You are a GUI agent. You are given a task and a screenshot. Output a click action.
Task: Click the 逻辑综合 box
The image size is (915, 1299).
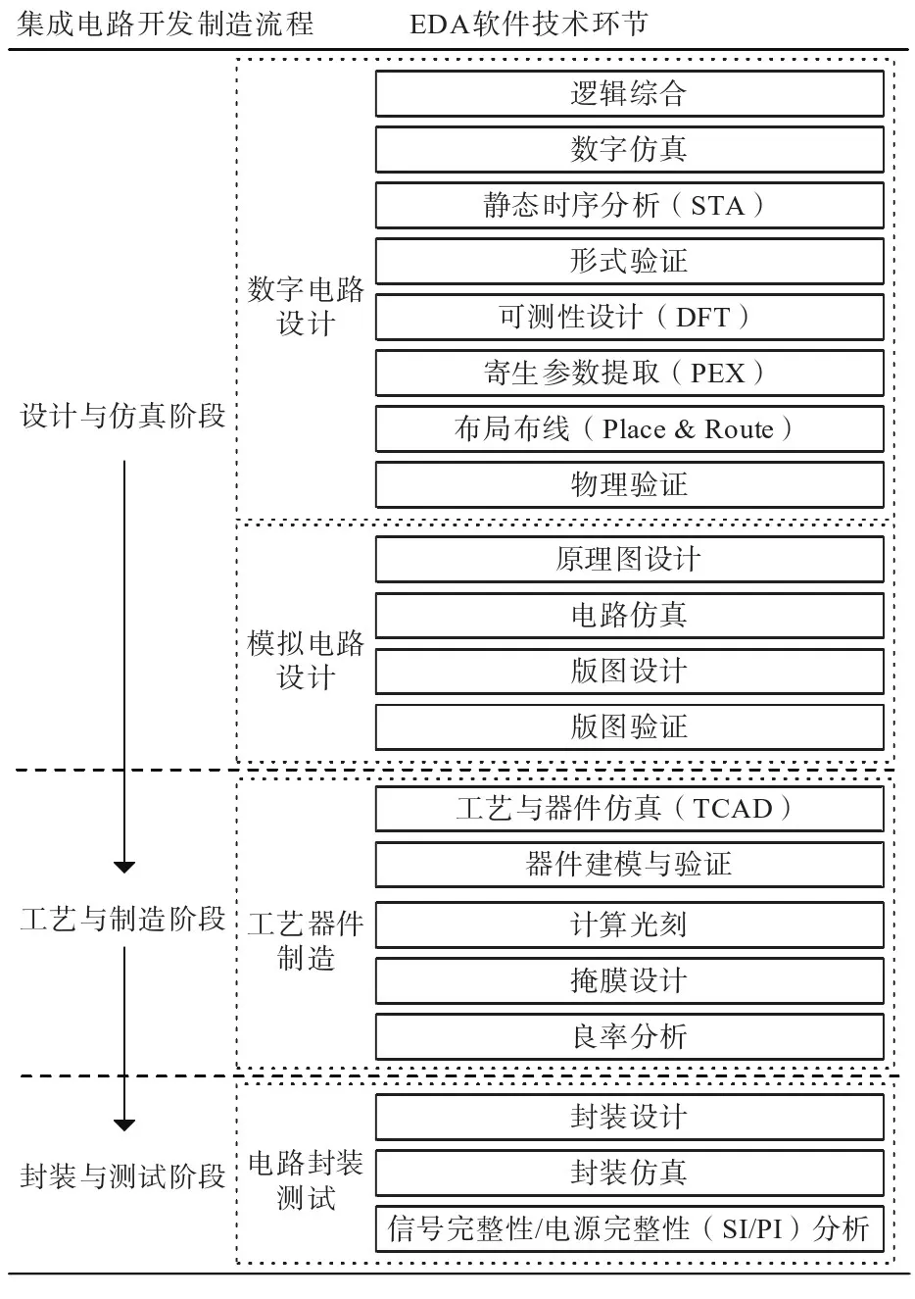[629, 94]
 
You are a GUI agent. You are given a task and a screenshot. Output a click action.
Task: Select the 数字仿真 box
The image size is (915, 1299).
[629, 150]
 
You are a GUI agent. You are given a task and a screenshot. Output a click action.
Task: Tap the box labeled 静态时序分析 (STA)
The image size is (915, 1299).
[629, 206]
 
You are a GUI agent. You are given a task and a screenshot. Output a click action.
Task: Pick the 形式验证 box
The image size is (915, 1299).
[629, 262]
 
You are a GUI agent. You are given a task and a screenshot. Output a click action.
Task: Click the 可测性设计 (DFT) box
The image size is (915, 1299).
[629, 318]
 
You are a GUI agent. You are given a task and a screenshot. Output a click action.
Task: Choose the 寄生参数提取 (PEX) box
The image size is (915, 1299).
[629, 374]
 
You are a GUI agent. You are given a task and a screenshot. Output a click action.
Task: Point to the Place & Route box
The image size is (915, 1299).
[629, 429]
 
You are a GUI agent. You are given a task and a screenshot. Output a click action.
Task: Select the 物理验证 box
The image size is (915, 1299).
[629, 485]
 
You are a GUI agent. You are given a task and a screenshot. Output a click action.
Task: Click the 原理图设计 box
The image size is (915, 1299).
[629, 560]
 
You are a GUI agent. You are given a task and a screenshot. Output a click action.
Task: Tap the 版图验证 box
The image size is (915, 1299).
[629, 727]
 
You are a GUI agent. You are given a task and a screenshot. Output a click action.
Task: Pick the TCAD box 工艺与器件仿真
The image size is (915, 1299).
[629, 809]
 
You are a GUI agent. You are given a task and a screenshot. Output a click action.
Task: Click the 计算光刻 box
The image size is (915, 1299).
[629, 925]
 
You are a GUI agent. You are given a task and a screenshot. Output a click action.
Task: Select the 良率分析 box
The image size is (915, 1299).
[629, 1037]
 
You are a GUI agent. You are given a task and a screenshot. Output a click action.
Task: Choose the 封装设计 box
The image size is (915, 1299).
[629, 1117]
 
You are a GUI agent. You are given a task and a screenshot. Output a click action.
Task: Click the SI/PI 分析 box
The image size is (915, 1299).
[629, 1228]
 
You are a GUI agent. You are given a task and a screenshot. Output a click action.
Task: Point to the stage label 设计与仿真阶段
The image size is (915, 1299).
[123, 417]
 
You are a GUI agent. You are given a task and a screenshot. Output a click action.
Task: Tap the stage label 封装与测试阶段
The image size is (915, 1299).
[123, 1176]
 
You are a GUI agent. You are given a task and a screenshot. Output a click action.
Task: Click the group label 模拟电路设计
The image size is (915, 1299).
[306, 661]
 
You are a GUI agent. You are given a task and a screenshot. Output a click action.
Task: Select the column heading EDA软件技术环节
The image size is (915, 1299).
[529, 25]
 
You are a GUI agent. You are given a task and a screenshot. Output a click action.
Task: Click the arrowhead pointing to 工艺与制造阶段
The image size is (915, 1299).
[123, 866]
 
